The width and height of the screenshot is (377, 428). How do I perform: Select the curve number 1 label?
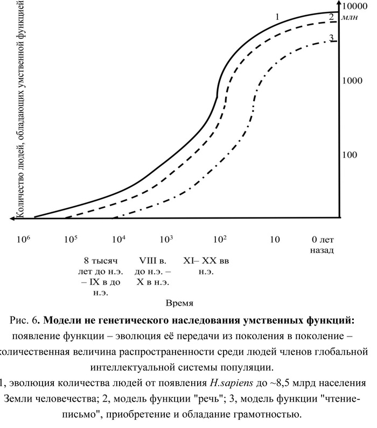click(x=277, y=17)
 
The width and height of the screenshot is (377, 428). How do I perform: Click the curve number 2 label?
click(x=331, y=17)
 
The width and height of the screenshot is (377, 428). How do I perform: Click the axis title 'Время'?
click(x=180, y=303)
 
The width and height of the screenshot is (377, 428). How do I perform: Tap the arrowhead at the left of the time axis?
click(x=12, y=218)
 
